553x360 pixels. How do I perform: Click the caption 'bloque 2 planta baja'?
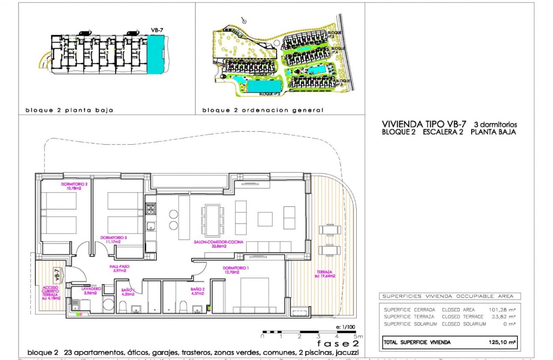[69, 110]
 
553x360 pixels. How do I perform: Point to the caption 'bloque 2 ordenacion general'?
[263, 110]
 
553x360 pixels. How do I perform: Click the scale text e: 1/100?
[346, 327]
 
